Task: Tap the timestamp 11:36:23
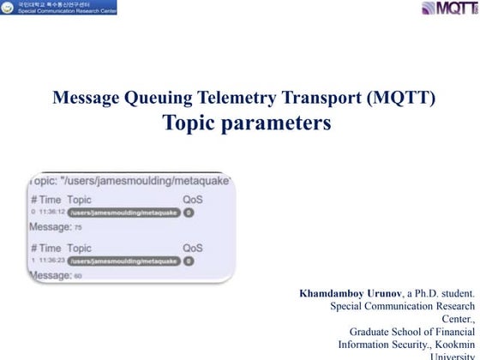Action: tap(49, 261)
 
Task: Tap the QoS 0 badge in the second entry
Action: tap(189, 261)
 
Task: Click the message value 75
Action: tap(78, 228)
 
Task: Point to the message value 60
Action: tap(78, 276)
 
